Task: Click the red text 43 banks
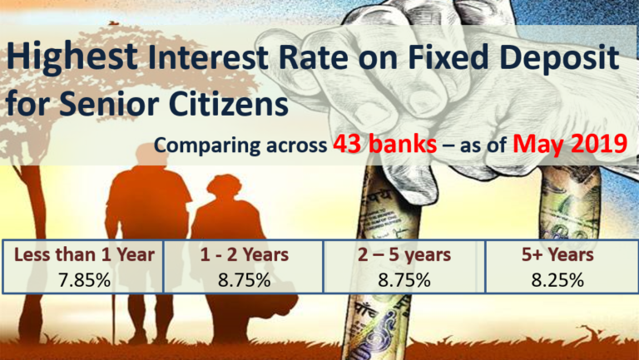tap(385, 145)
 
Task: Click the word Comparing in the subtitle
tap(205, 146)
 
